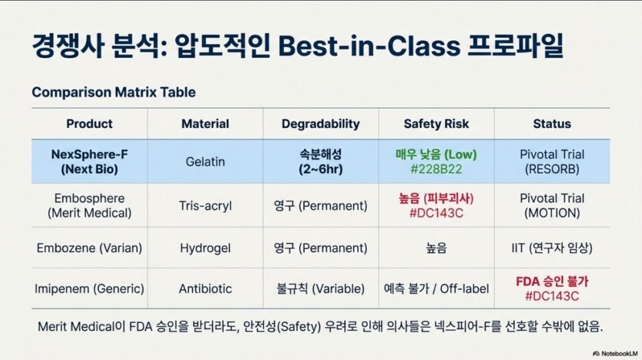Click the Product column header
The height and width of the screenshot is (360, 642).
[89, 124]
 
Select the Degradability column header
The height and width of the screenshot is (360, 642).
[320, 124]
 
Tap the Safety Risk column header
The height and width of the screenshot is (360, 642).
[436, 124]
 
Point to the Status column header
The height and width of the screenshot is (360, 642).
[552, 124]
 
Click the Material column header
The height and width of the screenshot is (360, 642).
[205, 124]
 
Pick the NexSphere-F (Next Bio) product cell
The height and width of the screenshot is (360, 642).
[89, 162]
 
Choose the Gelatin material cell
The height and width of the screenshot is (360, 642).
[205, 162]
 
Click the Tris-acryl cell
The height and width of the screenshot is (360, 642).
[205, 206]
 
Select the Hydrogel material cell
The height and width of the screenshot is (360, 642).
[205, 248]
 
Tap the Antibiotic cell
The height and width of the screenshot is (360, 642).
[205, 289]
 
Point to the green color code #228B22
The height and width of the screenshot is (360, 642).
[436, 169]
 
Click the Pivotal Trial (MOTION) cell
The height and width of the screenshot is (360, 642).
[552, 206]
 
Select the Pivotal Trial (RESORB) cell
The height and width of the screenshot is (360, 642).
[552, 162]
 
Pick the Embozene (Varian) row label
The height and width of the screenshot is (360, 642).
[89, 248]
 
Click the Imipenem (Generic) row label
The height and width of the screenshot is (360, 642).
[89, 289]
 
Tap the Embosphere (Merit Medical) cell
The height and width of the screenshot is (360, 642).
[89, 206]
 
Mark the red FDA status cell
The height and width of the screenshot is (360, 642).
[552, 289]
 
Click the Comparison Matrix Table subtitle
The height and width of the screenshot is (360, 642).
[114, 92]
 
